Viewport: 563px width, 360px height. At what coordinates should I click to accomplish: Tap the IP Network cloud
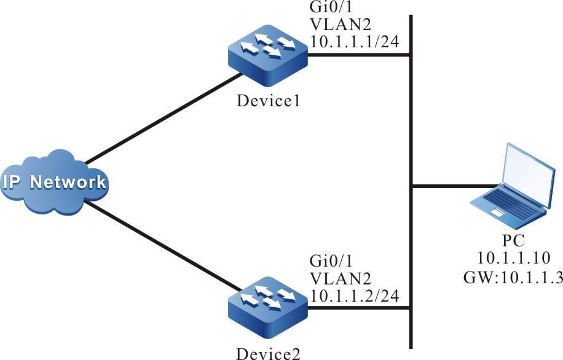tap(53, 182)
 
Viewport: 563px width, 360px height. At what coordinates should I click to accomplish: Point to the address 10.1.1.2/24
tap(355, 295)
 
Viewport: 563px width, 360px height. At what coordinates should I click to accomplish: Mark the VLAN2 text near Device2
tap(337, 278)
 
